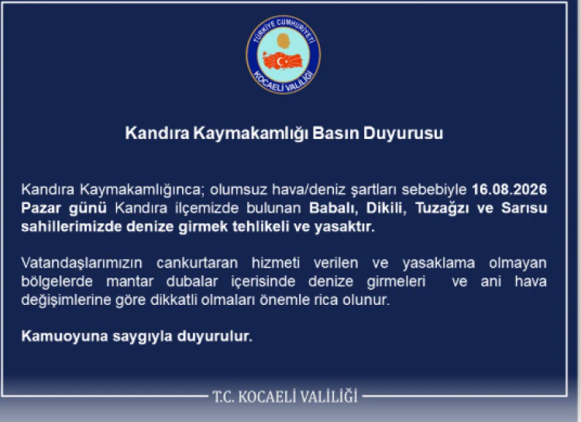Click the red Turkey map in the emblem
tap(283, 61)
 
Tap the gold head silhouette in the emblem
tap(284, 41)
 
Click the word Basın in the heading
tap(335, 133)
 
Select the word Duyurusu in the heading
tap(403, 133)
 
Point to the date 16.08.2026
tap(509, 189)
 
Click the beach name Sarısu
tap(524, 208)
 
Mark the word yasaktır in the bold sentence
tap(345, 227)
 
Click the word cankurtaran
tap(197, 263)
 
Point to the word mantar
tap(129, 282)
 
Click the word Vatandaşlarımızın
tap(81, 263)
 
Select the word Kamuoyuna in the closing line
tap(64, 336)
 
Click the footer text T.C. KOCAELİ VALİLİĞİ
tap(285, 396)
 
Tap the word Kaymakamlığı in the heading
tap(250, 133)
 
